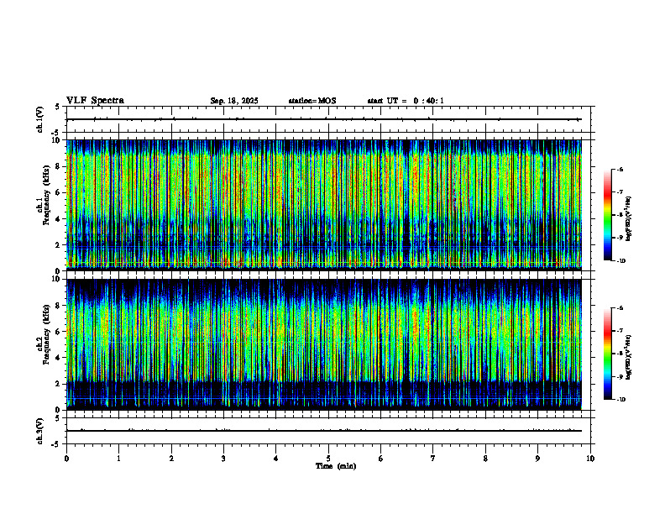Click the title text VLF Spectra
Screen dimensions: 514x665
pyautogui.click(x=95, y=101)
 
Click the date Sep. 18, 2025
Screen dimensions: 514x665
pyautogui.click(x=234, y=101)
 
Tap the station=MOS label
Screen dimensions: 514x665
pyautogui.click(x=312, y=101)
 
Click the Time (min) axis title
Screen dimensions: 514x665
pyautogui.click(x=335, y=465)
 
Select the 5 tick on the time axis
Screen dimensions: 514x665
pyautogui.click(x=328, y=459)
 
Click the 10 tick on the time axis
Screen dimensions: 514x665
pyautogui.click(x=590, y=459)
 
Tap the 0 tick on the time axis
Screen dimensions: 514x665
pyautogui.click(x=66, y=459)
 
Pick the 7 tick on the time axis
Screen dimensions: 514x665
pyautogui.click(x=433, y=459)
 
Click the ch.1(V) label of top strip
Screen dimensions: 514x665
pyautogui.click(x=40, y=119)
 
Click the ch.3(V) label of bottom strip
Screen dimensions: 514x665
pyautogui.click(x=40, y=430)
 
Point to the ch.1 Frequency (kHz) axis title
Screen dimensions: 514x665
pyautogui.click(x=42, y=204)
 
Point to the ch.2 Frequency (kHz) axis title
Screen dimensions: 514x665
pyautogui.click(x=42, y=343)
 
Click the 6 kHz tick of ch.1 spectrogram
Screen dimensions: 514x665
pyautogui.click(x=59, y=192)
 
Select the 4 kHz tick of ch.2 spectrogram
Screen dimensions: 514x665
pyautogui.click(x=59, y=357)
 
